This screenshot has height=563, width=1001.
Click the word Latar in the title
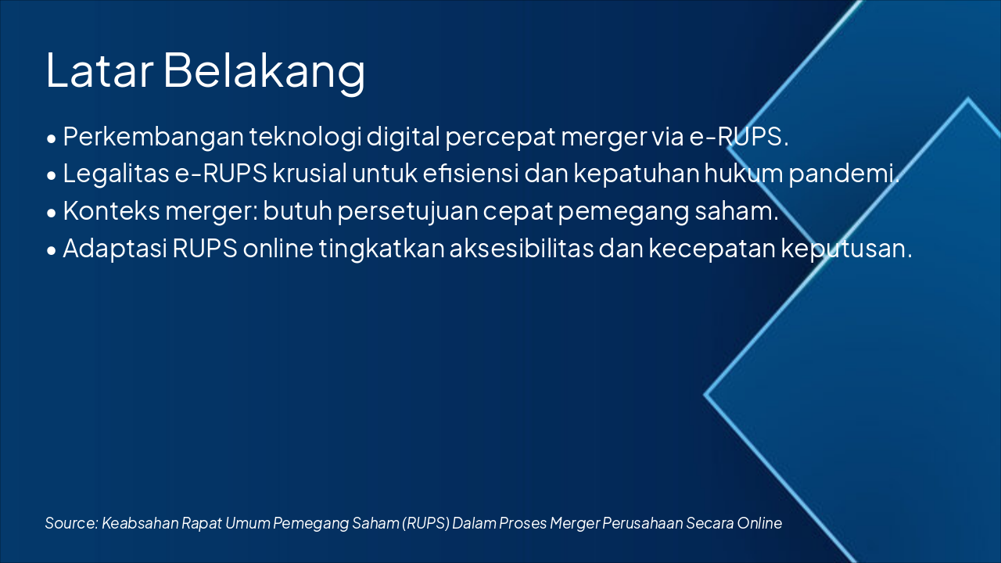coord(99,70)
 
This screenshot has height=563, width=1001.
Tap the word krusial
coord(309,174)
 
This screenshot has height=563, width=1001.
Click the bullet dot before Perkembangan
coord(52,138)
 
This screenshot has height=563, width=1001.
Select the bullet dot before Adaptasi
coord(52,251)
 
